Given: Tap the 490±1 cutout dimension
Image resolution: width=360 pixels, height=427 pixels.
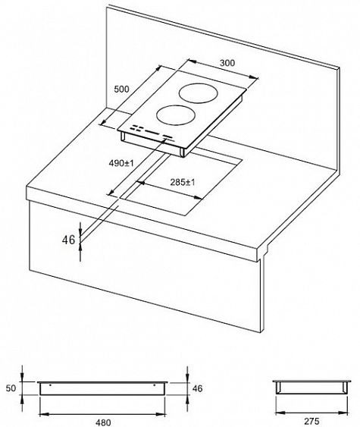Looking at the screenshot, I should [121, 162].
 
